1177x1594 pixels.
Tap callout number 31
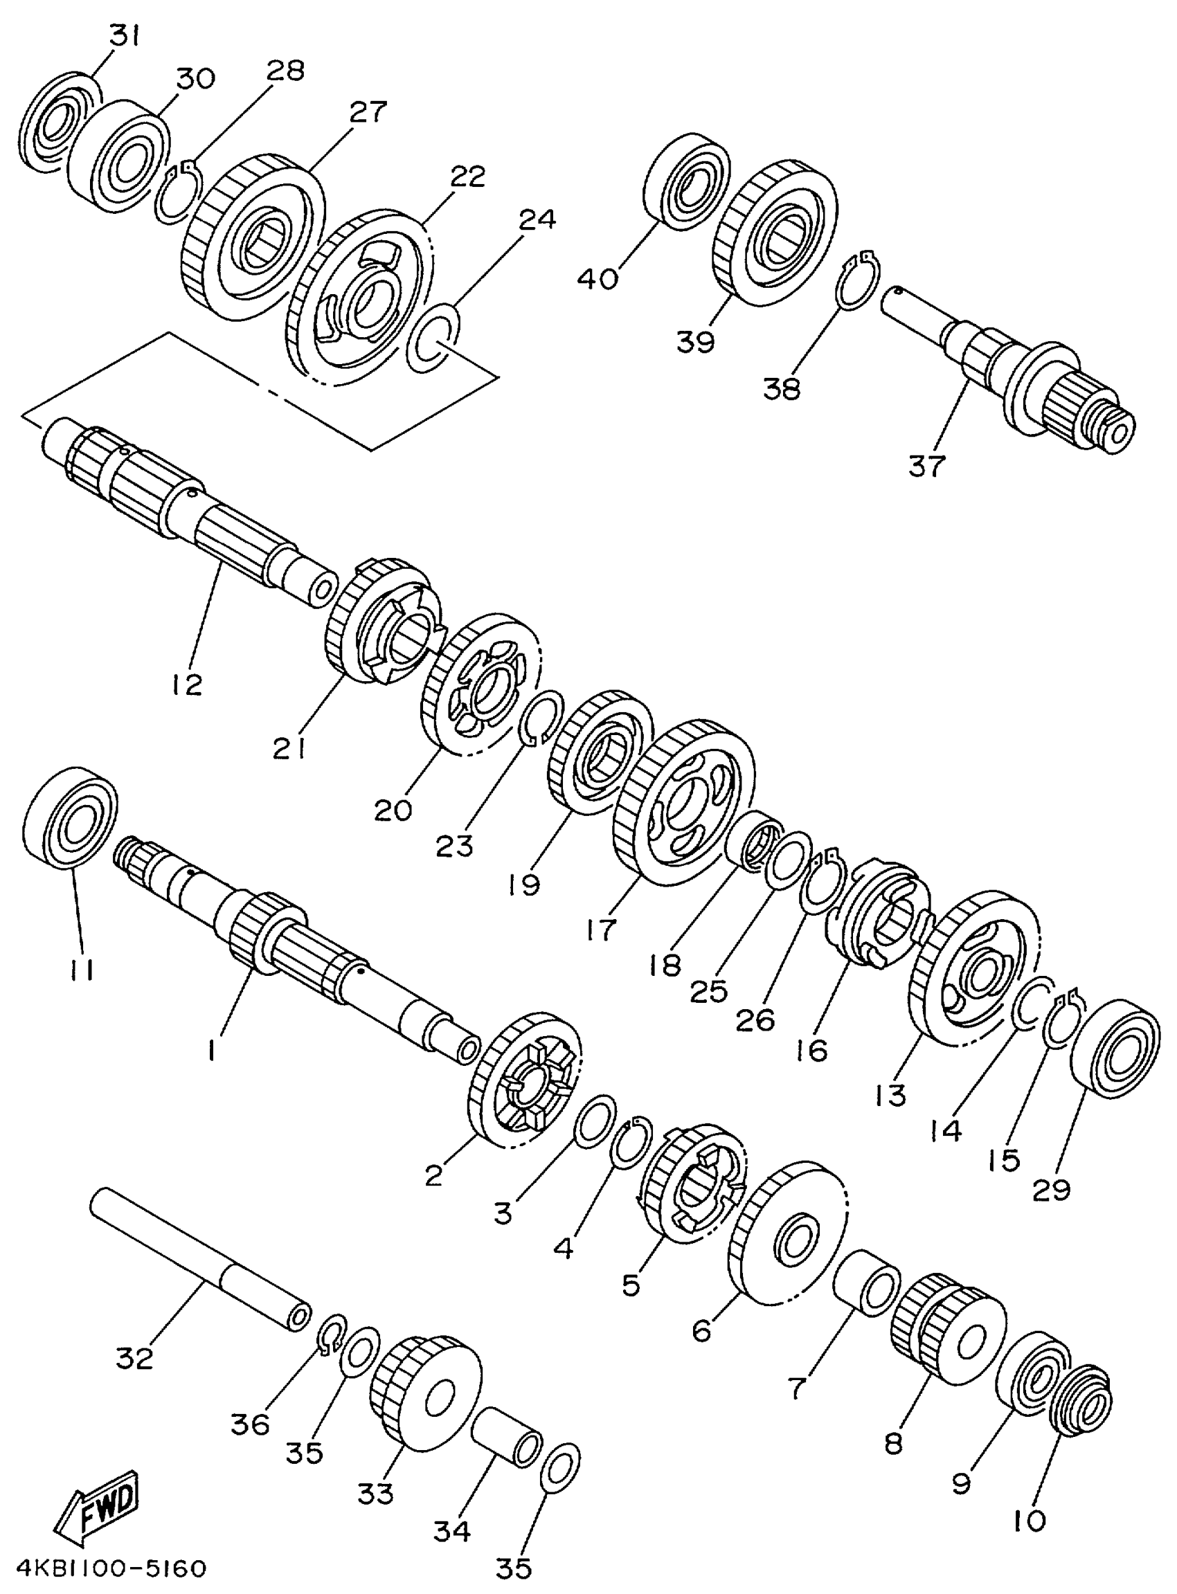click(125, 36)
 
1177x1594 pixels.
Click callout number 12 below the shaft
click(187, 685)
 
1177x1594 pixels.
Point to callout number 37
click(926, 467)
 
